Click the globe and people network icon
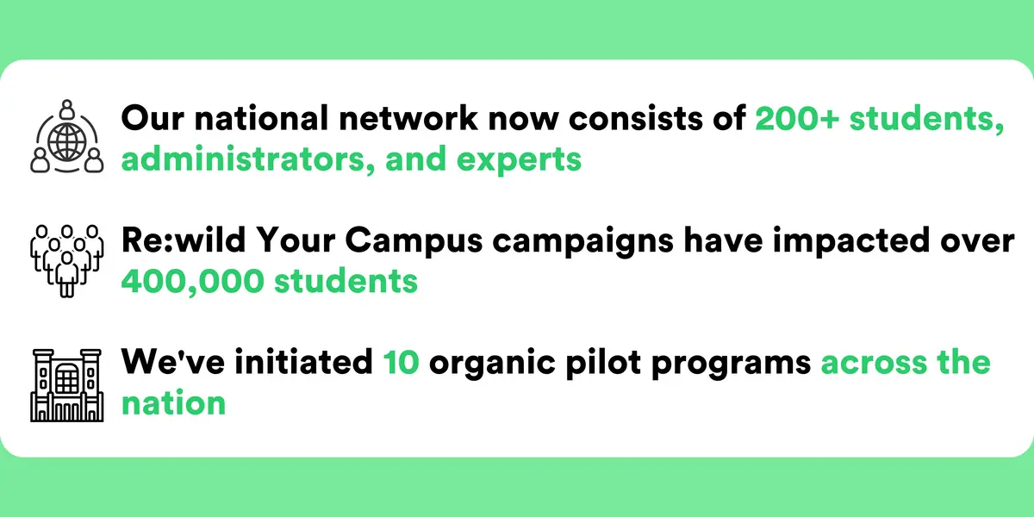coord(67,137)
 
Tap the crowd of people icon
coord(67,261)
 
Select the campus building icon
coord(67,385)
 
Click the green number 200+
coord(797,118)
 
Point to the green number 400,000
coord(192,281)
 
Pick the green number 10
coord(402,362)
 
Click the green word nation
coord(173,402)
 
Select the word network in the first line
coord(408,118)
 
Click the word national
coord(261,118)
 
